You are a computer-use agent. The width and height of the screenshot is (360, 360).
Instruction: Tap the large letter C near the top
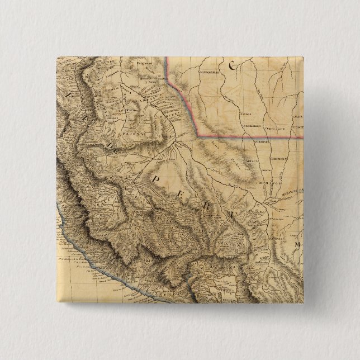click(x=231, y=66)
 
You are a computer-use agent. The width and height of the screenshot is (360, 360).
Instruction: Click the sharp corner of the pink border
click(x=195, y=135)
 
